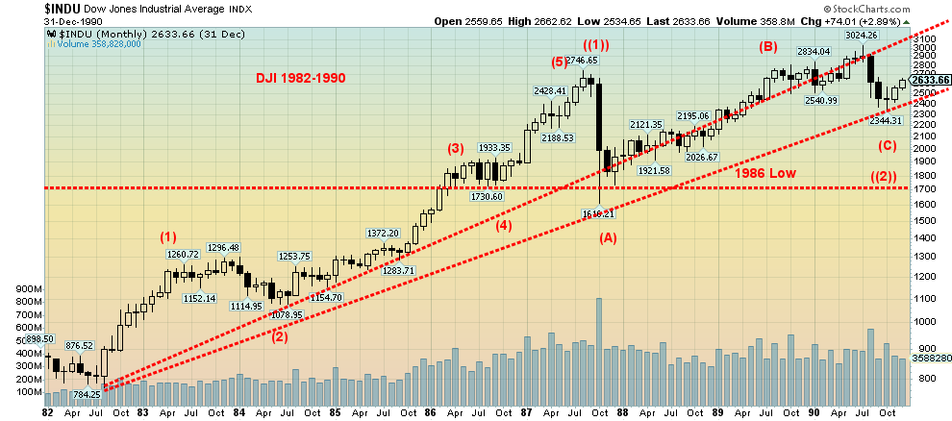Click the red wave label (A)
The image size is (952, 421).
coord(606,237)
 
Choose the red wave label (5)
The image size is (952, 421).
coord(559,62)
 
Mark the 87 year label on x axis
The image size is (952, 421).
coord(526,410)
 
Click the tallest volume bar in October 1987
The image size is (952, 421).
coord(599,351)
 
